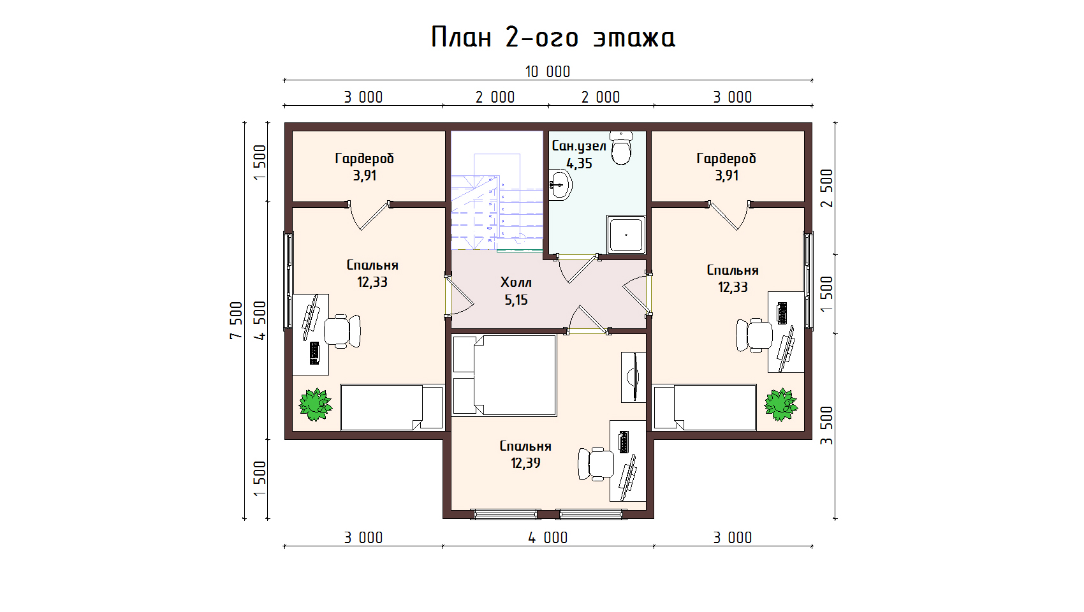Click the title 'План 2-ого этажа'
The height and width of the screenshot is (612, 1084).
(553, 37)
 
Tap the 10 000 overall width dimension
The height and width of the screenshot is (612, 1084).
(548, 71)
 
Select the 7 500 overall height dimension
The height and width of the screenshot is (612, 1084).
(236, 320)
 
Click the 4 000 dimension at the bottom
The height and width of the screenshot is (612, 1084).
(548, 537)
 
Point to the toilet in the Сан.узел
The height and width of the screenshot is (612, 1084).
(621, 147)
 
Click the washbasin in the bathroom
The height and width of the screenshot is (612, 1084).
(560, 184)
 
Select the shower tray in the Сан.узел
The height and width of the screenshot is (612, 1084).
(626, 235)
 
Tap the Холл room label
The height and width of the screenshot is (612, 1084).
(516, 282)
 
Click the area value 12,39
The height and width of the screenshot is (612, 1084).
(525, 463)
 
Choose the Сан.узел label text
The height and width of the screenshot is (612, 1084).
(579, 145)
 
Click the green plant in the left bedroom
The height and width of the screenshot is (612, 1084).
(316, 404)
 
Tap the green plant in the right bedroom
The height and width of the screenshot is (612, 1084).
(780, 404)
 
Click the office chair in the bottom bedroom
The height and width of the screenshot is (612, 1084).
(596, 465)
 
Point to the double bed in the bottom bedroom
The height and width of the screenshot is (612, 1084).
(504, 375)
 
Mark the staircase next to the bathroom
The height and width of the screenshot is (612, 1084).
(497, 191)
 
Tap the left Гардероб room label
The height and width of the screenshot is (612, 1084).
(364, 159)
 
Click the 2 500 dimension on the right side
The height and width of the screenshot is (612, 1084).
(827, 188)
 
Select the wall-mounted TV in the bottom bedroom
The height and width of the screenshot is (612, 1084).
(633, 377)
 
